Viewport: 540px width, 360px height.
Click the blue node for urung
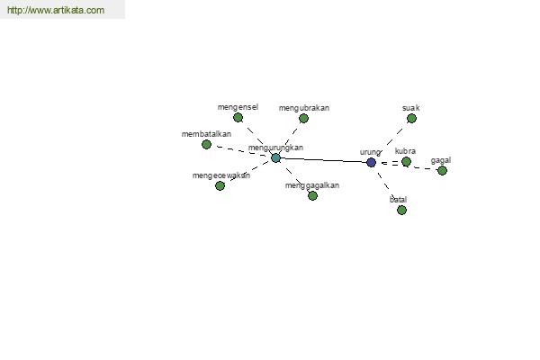371,162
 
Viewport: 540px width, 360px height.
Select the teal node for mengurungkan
275,158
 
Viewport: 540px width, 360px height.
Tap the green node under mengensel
238,118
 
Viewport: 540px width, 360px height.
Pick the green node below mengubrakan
303,119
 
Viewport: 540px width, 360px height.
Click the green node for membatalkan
206,144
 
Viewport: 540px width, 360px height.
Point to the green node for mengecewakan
220,185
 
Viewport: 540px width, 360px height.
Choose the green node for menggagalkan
312,195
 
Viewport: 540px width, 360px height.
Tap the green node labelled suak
411,119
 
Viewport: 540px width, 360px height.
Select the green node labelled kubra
407,161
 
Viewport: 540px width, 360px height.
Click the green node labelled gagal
442,170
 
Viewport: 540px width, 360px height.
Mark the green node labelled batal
401,210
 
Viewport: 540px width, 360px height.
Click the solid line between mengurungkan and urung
323,160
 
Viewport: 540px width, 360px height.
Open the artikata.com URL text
56,10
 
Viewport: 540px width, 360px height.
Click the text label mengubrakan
304,108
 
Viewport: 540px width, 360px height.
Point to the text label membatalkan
206,134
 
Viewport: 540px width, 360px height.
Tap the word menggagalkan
312,185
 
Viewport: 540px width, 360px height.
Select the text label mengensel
238,107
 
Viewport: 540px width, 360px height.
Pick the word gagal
441,160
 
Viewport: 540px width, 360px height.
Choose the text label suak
411,108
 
